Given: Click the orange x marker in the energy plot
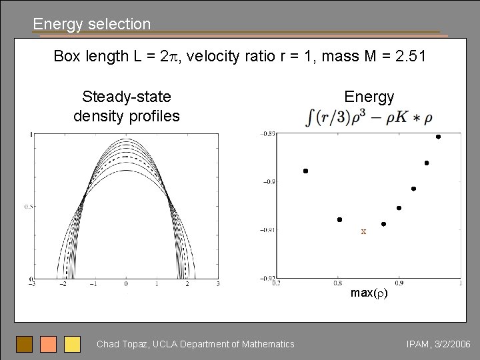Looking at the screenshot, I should [363, 232].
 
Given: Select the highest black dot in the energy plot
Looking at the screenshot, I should [438, 137].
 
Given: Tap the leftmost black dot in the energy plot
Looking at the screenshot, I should [305, 171].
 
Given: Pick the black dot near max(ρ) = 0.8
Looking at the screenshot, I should [339, 219].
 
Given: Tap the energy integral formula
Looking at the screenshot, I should [368, 119].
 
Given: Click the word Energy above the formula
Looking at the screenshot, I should [369, 97].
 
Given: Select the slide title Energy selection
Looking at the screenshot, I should [92, 24].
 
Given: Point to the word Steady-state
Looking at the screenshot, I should [126, 97].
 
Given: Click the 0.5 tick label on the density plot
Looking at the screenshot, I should [25, 207].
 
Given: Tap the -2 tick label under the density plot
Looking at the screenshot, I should [63, 285].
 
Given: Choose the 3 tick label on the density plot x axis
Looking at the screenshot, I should [218, 285].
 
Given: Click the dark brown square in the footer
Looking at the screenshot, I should [24, 344].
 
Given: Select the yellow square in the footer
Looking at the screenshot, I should [72, 344].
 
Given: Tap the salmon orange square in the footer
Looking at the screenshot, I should [48, 344].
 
